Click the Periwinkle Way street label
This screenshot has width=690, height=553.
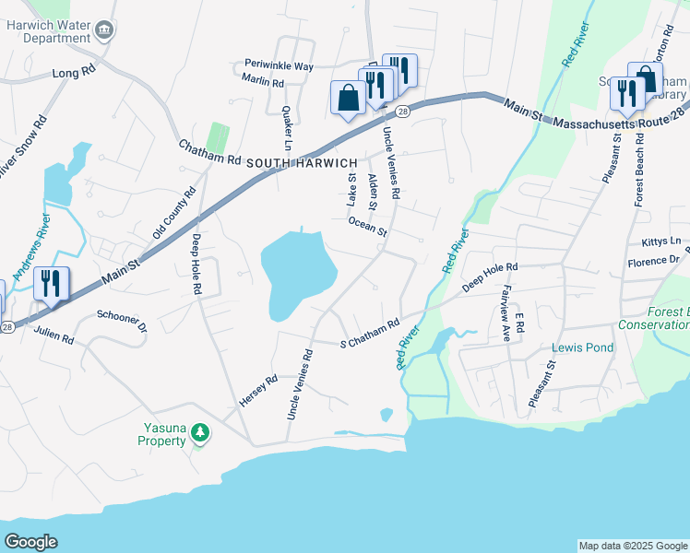click(x=279, y=66)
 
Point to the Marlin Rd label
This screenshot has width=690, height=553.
click(x=263, y=81)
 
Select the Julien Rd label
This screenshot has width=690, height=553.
click(x=54, y=338)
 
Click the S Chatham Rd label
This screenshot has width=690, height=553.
click(x=370, y=330)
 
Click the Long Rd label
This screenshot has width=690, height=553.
click(x=75, y=72)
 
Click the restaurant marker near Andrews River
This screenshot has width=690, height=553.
click(x=52, y=284)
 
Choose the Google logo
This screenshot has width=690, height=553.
click(x=30, y=541)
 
